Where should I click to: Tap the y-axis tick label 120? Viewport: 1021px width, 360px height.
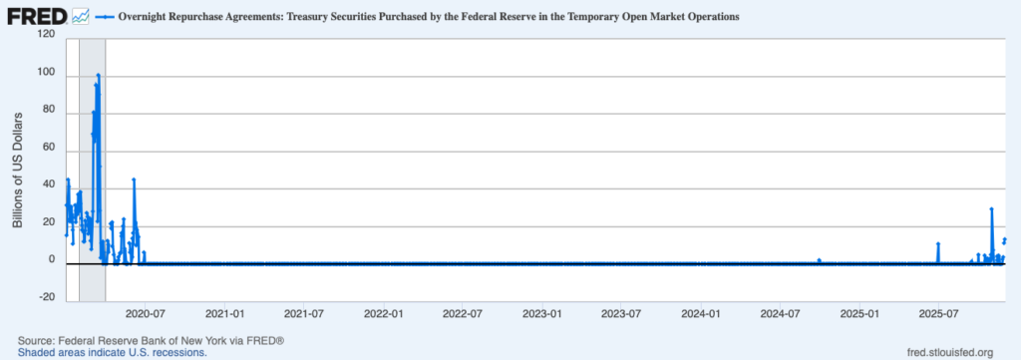(45, 34)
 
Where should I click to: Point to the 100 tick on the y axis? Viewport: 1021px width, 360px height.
(45, 72)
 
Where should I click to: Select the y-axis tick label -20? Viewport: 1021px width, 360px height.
(45, 297)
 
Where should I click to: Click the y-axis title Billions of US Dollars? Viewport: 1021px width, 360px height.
(18, 166)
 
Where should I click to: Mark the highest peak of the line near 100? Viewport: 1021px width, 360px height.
(98, 75)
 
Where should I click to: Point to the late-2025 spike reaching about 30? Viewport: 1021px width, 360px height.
(991, 208)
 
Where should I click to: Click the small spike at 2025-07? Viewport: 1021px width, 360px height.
(938, 243)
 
